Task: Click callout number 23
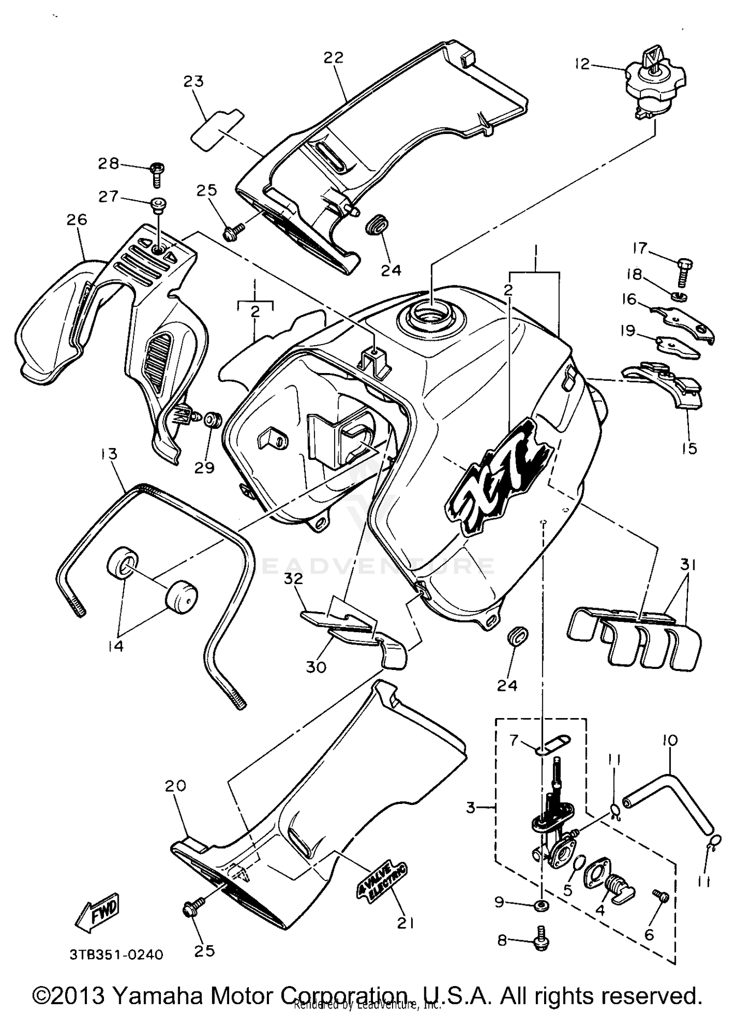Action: click(x=194, y=81)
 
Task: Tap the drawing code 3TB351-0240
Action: click(x=116, y=955)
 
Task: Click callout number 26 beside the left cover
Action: click(x=78, y=219)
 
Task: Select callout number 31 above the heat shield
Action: click(x=688, y=565)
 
